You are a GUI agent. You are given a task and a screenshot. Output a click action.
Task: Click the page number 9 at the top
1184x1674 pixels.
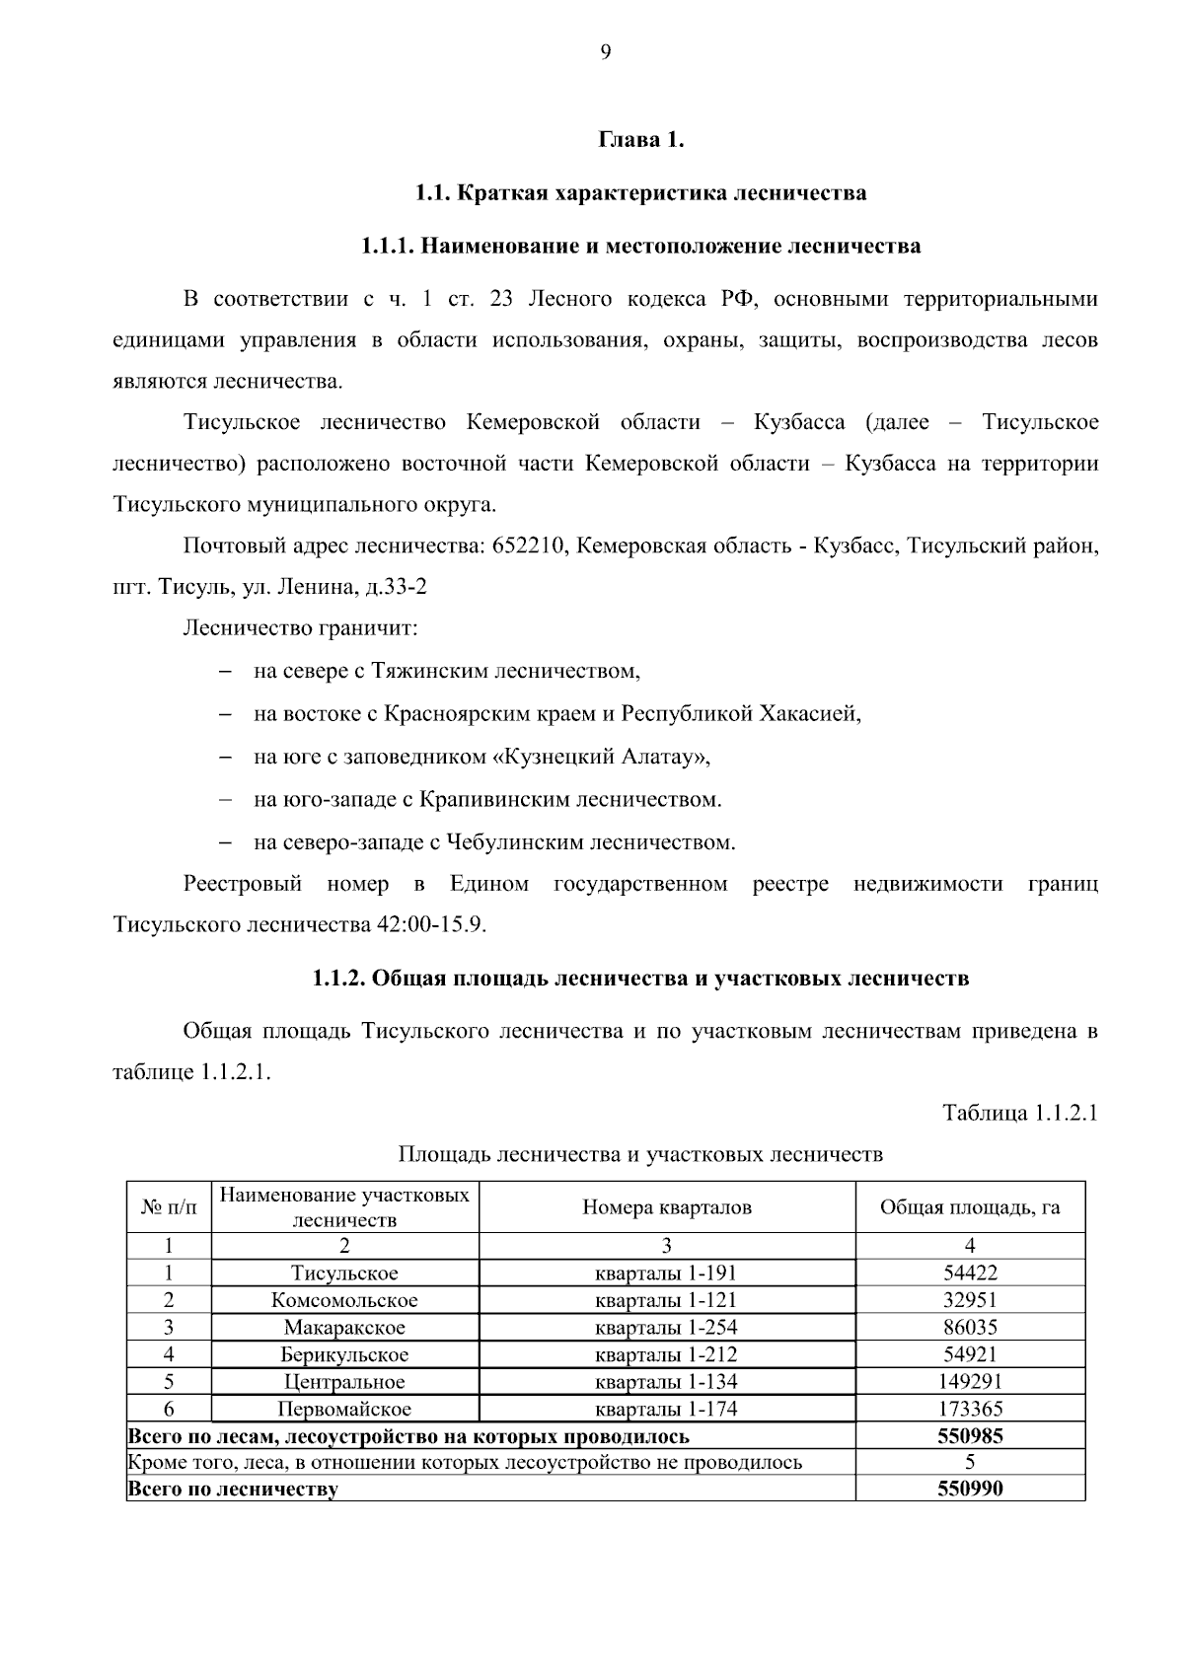(x=605, y=53)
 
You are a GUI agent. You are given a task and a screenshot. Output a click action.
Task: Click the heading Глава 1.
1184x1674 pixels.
(x=641, y=140)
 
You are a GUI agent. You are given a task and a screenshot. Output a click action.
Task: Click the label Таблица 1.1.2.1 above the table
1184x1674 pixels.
(x=1020, y=1114)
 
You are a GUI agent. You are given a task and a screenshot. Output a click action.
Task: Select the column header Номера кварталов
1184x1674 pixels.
(x=667, y=1207)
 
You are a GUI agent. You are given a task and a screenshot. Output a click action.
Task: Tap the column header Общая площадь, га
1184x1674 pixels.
(x=970, y=1207)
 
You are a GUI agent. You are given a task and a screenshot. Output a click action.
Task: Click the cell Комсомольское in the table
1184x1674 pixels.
(x=344, y=1300)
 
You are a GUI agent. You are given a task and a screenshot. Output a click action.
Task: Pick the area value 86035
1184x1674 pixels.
(x=970, y=1328)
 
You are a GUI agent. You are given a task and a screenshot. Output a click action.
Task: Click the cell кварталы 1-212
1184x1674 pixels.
(x=667, y=1354)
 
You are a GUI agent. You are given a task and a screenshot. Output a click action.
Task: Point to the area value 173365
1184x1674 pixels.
(x=970, y=1409)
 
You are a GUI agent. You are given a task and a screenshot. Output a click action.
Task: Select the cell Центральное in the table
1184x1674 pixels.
(x=344, y=1382)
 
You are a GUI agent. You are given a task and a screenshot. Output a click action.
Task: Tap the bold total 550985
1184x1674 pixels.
(x=970, y=1436)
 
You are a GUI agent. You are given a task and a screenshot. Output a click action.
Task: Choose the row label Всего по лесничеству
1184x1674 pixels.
(x=234, y=1490)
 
